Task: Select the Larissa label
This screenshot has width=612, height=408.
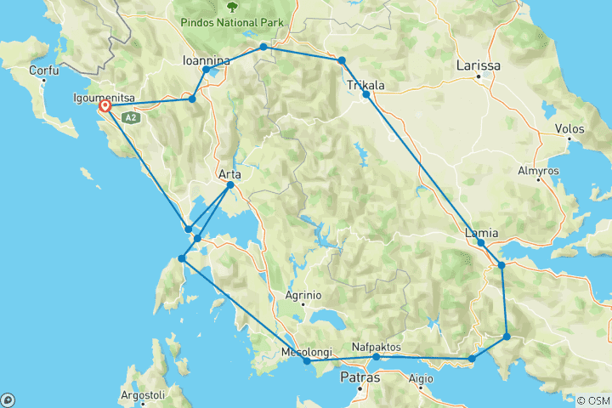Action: tap(479, 65)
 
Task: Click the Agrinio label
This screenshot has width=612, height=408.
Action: tap(303, 295)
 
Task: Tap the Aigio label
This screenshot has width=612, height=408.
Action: tap(421, 379)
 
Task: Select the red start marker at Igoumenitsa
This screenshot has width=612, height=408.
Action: tap(105, 107)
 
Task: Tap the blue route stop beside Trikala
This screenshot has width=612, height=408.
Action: tap(366, 94)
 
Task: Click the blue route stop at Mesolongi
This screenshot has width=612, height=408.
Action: tap(307, 361)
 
